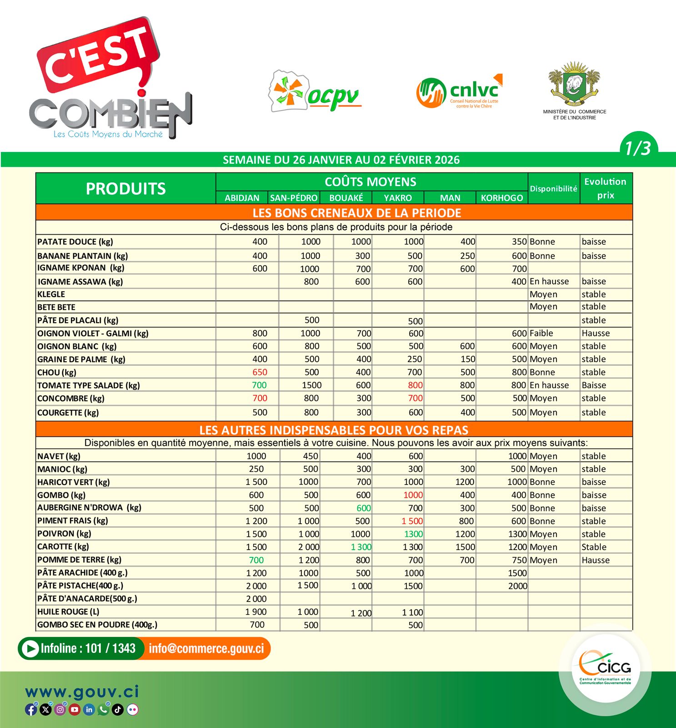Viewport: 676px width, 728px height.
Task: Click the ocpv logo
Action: pos(315,91)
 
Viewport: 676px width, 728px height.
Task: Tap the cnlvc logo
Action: pos(460,92)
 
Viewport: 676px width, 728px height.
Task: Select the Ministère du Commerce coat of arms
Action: pos(574,84)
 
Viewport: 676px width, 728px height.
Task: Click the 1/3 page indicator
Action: pos(638,148)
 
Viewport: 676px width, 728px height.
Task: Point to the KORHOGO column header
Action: pos(502,198)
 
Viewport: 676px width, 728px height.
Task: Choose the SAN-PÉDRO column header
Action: pos(294,198)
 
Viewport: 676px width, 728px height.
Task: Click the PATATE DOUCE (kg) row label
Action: pos(75,242)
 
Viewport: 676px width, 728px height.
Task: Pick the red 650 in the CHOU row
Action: pos(260,372)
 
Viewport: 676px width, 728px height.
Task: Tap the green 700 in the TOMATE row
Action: pos(259,385)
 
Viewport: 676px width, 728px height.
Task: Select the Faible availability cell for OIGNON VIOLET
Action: pos(541,334)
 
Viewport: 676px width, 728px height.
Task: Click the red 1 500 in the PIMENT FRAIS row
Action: pos(412,521)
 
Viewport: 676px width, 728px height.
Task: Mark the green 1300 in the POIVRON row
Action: pos(413,534)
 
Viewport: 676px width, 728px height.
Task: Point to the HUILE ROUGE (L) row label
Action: pos(68,612)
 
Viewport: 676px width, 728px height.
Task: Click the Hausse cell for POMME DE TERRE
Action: pos(596,560)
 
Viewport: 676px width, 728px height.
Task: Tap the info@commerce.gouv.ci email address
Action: pos(206,648)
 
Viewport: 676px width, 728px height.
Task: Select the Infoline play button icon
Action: pos(30,648)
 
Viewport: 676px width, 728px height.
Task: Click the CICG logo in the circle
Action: pos(605,668)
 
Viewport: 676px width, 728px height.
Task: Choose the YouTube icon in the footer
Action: pos(75,709)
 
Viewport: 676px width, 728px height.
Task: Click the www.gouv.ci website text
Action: pos(82,692)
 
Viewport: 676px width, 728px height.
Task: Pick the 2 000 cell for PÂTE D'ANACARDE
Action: pos(256,599)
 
